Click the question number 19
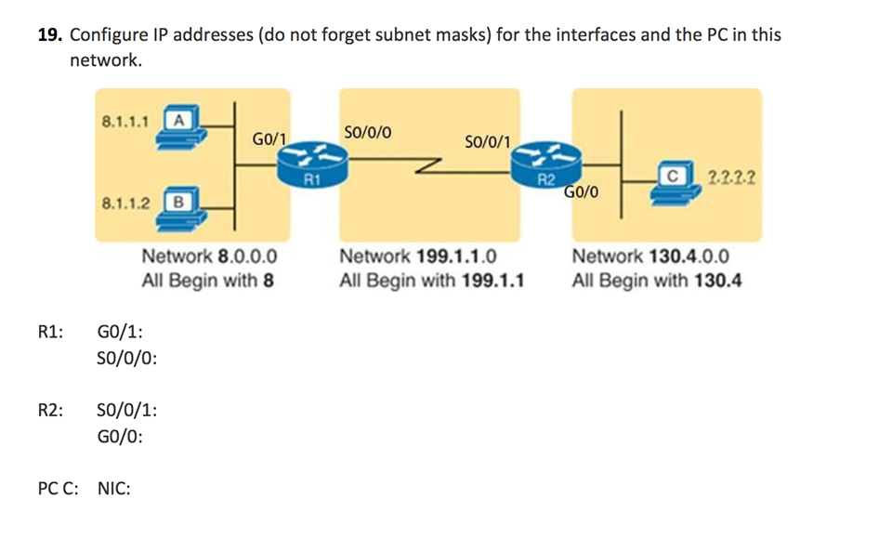click(x=50, y=35)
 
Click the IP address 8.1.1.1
click(x=127, y=120)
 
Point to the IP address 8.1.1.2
click(x=127, y=201)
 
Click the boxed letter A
click(x=177, y=119)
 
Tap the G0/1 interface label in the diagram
click(x=269, y=139)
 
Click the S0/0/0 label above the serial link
click(x=367, y=132)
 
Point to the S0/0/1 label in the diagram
click(x=486, y=141)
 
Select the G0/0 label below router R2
click(x=582, y=192)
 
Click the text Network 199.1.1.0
click(x=418, y=257)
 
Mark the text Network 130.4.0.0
click(x=650, y=257)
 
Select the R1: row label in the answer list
click(x=50, y=332)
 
